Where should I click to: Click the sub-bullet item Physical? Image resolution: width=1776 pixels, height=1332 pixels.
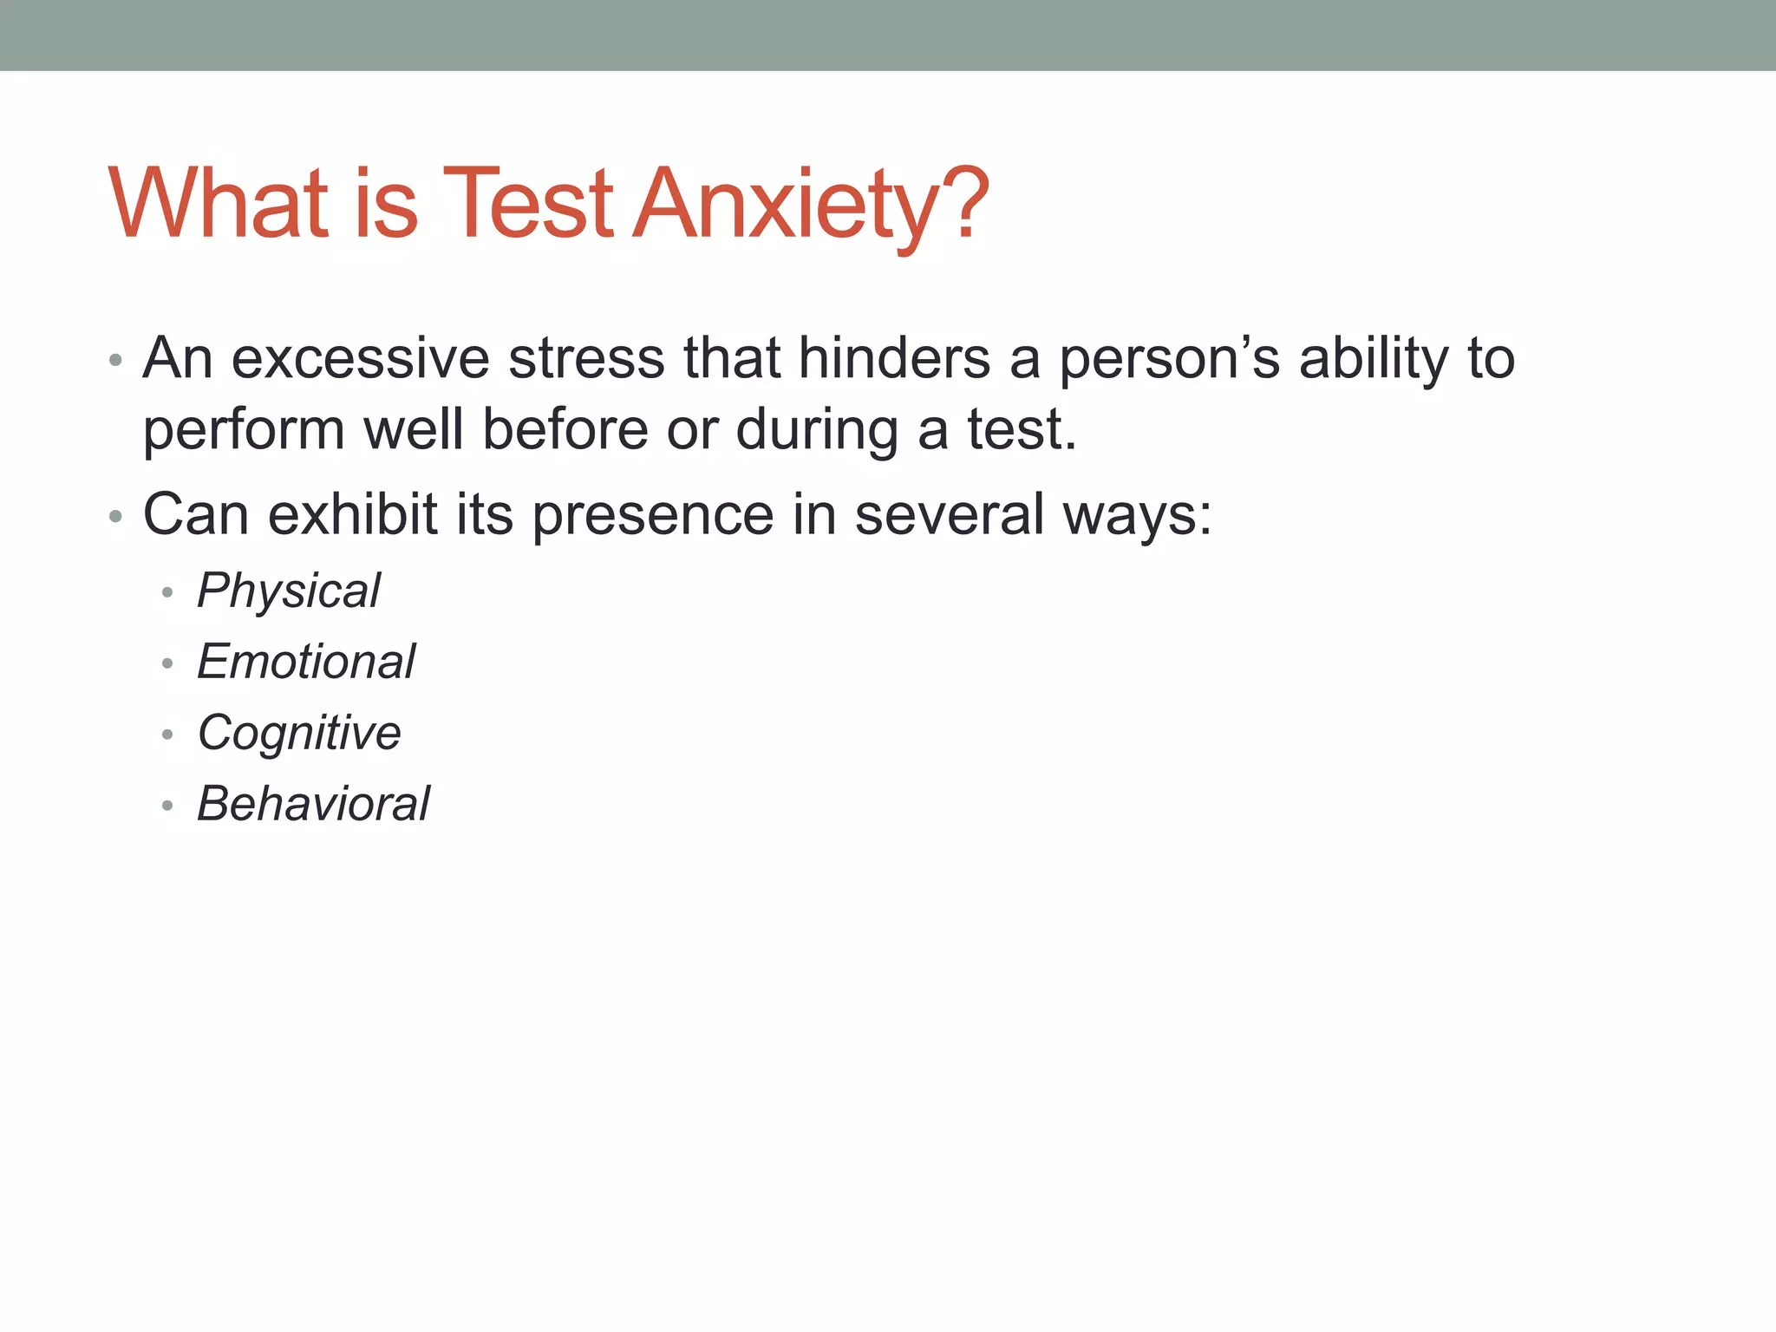point(289,591)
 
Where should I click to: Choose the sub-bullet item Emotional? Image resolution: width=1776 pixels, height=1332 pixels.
point(306,663)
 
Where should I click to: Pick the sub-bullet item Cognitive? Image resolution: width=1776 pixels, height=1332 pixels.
point(299,734)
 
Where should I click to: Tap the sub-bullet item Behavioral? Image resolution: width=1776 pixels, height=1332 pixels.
point(313,804)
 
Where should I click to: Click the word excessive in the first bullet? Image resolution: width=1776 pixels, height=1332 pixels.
point(360,358)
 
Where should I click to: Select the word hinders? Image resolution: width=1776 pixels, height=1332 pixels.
point(894,358)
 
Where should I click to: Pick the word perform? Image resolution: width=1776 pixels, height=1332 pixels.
point(244,430)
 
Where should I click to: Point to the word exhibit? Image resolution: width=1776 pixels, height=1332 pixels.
point(353,515)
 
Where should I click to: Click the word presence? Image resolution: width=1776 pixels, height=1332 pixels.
point(652,515)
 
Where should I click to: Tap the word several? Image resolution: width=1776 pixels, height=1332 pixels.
point(949,515)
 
